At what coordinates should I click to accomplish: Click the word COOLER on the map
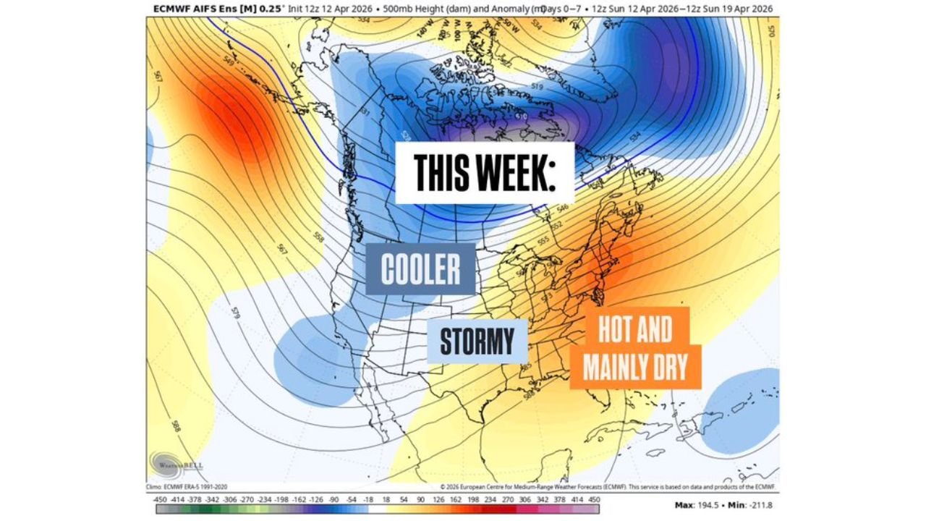(x=420, y=269)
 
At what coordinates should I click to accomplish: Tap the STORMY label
(x=477, y=341)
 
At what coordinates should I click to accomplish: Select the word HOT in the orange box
(x=614, y=331)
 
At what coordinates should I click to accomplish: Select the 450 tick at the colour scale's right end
(x=595, y=499)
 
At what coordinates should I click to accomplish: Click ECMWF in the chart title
(x=171, y=9)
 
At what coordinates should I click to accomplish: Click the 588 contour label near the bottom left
(x=177, y=426)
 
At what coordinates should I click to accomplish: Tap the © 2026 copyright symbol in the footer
(x=442, y=487)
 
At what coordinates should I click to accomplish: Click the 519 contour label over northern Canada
(x=537, y=87)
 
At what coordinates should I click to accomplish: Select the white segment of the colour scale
(x=377, y=509)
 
